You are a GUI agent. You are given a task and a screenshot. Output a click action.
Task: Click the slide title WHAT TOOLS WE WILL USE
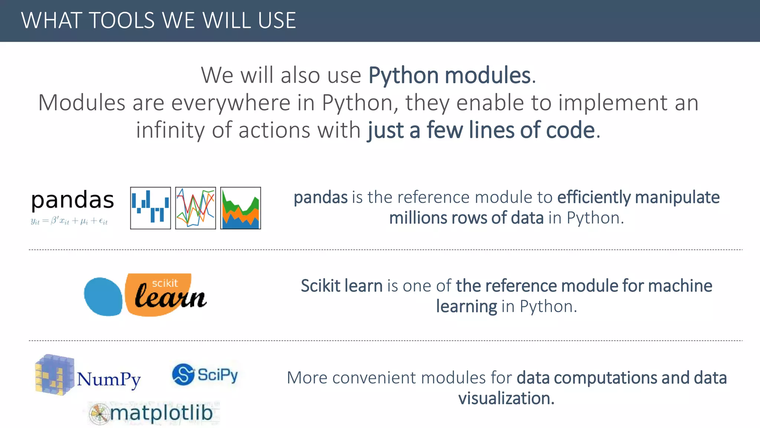tap(158, 20)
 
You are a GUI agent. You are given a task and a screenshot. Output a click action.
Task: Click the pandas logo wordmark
tap(73, 201)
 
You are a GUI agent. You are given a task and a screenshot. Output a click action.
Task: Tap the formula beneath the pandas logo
tap(69, 221)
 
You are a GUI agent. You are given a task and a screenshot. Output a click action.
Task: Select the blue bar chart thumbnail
tap(150, 208)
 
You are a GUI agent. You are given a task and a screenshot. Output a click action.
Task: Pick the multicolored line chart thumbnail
tap(196, 208)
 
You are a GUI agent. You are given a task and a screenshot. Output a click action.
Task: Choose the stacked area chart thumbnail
tap(240, 208)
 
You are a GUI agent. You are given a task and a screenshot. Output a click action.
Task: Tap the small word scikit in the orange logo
tap(165, 283)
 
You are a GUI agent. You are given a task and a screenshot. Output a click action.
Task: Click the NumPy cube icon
tap(54, 374)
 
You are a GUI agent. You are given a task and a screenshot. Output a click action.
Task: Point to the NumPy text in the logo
tap(109, 380)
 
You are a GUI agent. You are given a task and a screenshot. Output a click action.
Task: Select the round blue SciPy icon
tap(183, 374)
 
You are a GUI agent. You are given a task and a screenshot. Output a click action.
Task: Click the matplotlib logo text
tap(161, 413)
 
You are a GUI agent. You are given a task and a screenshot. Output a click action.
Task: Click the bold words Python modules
tap(449, 75)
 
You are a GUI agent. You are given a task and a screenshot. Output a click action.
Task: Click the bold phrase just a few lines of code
tap(481, 130)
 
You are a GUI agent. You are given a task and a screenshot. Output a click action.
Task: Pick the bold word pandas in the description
tap(321, 197)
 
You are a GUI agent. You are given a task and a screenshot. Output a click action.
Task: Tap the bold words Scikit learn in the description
tap(341, 286)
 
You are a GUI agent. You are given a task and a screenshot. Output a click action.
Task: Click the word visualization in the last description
tap(506, 398)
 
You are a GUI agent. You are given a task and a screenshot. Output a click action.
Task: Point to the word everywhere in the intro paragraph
tap(230, 103)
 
